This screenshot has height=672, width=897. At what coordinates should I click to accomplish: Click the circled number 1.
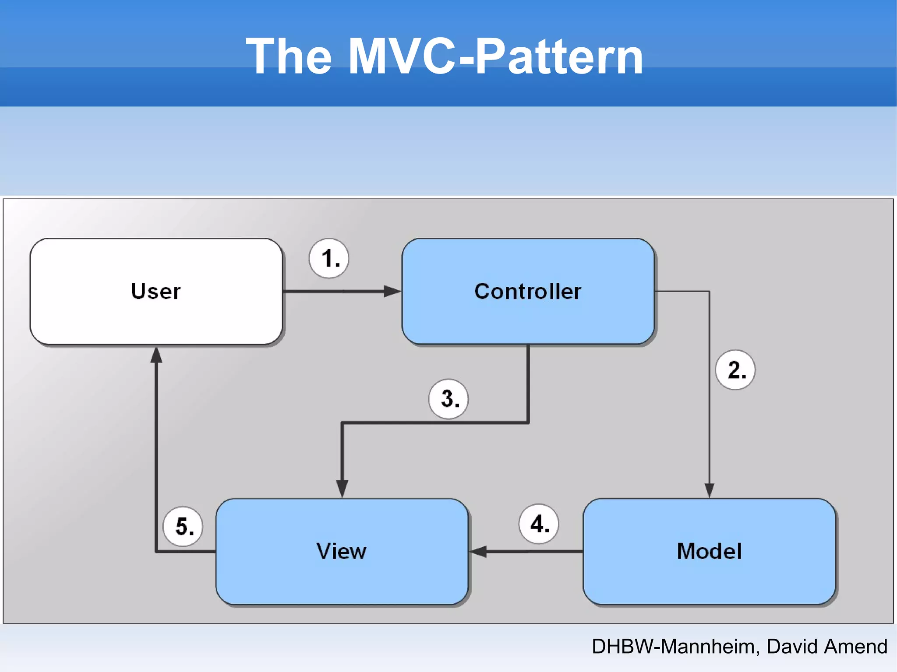329,258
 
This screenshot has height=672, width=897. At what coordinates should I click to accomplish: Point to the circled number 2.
735,370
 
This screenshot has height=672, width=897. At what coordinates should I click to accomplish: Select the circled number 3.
448,399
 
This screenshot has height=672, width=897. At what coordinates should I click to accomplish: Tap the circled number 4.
539,524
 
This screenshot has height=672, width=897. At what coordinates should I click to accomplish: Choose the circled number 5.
183,526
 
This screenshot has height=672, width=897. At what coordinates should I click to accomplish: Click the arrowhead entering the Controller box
392,291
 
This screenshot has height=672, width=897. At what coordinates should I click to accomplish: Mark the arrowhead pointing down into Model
709,489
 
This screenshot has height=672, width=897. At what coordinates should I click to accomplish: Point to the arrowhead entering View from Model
479,552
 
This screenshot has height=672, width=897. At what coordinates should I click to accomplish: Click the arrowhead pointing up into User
156,355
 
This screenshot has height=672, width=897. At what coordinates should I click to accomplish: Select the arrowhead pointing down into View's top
342,488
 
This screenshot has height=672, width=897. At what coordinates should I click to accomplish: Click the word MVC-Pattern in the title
495,56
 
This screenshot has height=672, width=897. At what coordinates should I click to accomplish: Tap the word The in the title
289,56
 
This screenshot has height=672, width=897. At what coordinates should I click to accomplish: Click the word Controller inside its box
528,291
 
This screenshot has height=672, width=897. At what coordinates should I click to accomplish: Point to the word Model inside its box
709,551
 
